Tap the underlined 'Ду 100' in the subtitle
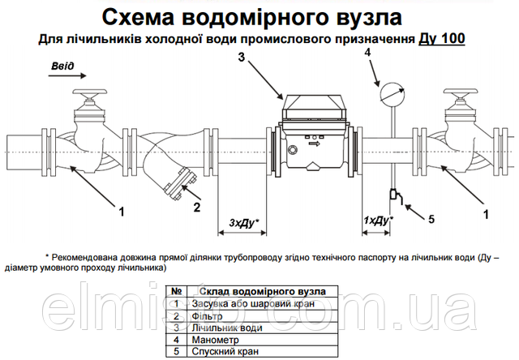pyautogui.click(x=443, y=38)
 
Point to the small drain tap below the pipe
pyautogui.click(x=392, y=195)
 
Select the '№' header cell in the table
pyautogui.click(x=175, y=290)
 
